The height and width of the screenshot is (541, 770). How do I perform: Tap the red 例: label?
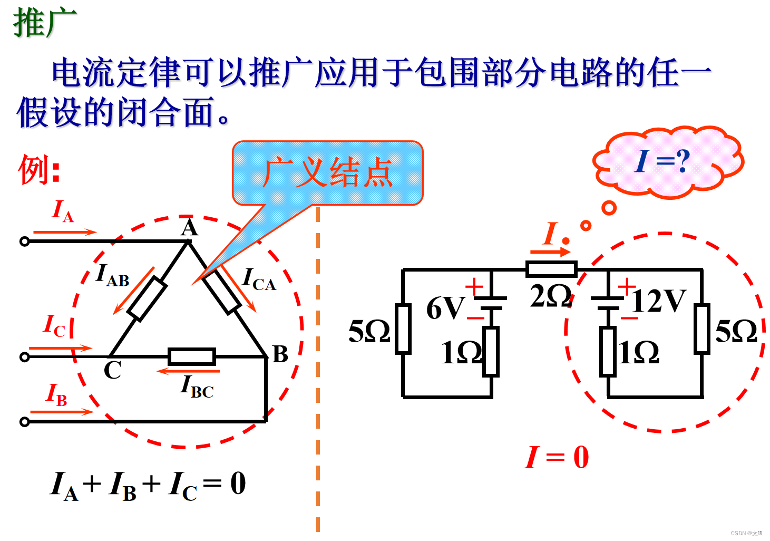coord(39,170)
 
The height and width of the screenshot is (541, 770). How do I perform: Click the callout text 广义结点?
coord(327,172)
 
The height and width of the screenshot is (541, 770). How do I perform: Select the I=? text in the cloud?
coord(662,161)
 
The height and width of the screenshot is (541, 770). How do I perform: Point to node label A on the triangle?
coord(189,228)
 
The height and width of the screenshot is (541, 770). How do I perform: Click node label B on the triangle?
coord(280,354)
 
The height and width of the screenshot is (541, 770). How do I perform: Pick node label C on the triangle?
coord(112,371)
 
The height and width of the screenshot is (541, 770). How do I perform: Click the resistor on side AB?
coord(147,298)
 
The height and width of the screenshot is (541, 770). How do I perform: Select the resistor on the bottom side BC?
coord(192,357)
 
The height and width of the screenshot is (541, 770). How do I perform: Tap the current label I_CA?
coord(259,279)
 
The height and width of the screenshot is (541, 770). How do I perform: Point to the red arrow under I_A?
coord(65,231)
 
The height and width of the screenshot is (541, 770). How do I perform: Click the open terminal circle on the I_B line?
coord(24,421)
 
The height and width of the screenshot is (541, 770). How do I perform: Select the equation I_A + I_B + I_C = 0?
coord(148,485)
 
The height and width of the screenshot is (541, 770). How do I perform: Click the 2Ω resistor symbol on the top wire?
coord(551,269)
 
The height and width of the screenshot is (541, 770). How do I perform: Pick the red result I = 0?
coord(557,457)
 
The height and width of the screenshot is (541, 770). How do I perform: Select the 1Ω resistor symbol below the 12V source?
coord(608,352)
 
